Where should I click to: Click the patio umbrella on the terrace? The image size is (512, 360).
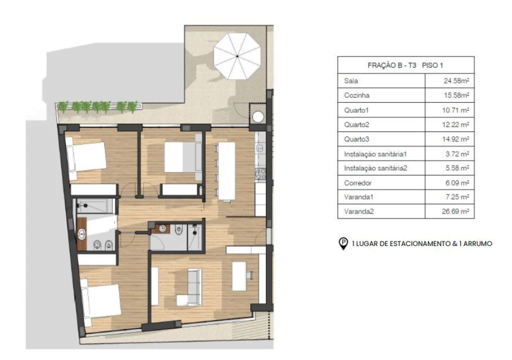coord(237,55)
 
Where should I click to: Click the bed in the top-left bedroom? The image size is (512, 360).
coord(87,156)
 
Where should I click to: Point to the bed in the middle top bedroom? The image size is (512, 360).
coord(183,157)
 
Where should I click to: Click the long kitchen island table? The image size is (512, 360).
coord(226,171)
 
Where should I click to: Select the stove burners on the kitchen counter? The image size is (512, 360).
coord(260,173)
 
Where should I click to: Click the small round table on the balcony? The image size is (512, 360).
coord(258,117)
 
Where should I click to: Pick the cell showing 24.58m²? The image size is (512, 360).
coord(449,80)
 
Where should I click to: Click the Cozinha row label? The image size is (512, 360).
coord(357,95)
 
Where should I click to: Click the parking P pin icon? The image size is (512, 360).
coord(344,243)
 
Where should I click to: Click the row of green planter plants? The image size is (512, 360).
coord(98,106)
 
